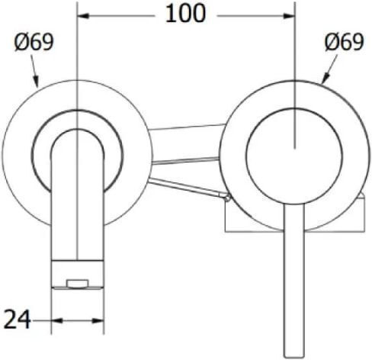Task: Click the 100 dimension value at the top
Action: (185, 14)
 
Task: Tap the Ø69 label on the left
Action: (34, 42)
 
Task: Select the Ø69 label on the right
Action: (345, 42)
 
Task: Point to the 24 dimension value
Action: (18, 320)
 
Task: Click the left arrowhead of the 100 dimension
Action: (83, 16)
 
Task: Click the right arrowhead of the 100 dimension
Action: (289, 16)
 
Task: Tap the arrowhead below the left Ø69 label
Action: (36, 81)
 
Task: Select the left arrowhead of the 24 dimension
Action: (57, 321)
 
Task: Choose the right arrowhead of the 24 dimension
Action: (98, 321)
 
